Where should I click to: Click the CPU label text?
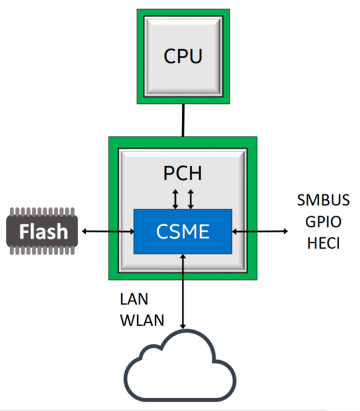pos(183,56)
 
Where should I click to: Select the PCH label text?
pos(183,173)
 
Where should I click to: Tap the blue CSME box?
pos(183,231)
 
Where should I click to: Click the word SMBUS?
pos(323,200)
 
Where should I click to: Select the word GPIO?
pos(323,222)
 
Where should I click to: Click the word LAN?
pos(134,300)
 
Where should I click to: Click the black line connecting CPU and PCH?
pos(183,120)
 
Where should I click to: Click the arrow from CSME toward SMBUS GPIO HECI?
pos(260,231)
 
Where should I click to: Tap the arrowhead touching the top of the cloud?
pos(183,326)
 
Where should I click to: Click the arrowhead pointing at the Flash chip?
pos(84,231)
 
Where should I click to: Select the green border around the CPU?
pos(140,56)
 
